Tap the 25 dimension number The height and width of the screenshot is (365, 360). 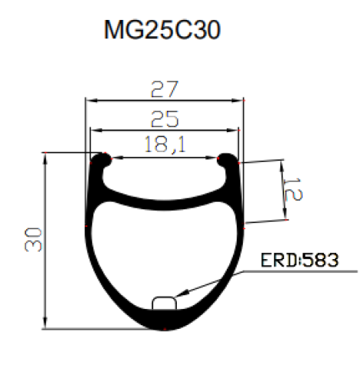pos(165,118)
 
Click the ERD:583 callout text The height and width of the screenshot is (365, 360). pos(299,260)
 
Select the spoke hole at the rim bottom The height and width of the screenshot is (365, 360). pos(165,303)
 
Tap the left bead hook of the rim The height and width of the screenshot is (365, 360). pos(101,160)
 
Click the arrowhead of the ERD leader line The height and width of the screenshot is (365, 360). pos(178,297)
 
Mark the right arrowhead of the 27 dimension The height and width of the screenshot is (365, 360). pos(242,100)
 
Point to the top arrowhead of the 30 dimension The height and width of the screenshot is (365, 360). pos(46,156)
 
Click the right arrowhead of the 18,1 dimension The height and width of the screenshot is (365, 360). pos(218,158)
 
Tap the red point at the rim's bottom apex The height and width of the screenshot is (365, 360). pos(165,330)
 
